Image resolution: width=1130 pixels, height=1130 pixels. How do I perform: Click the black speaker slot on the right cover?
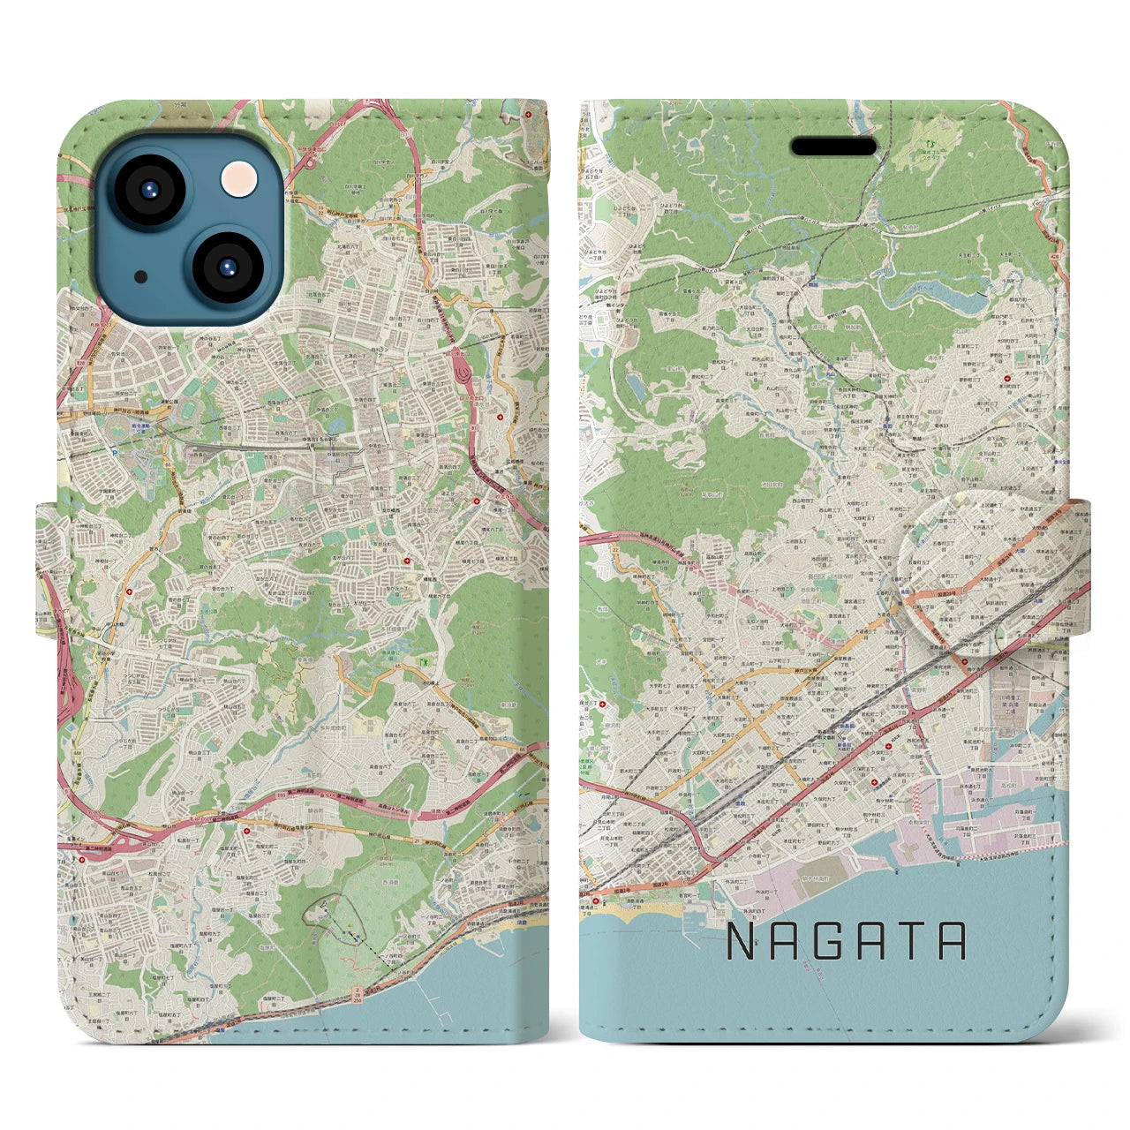pos(834,147)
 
